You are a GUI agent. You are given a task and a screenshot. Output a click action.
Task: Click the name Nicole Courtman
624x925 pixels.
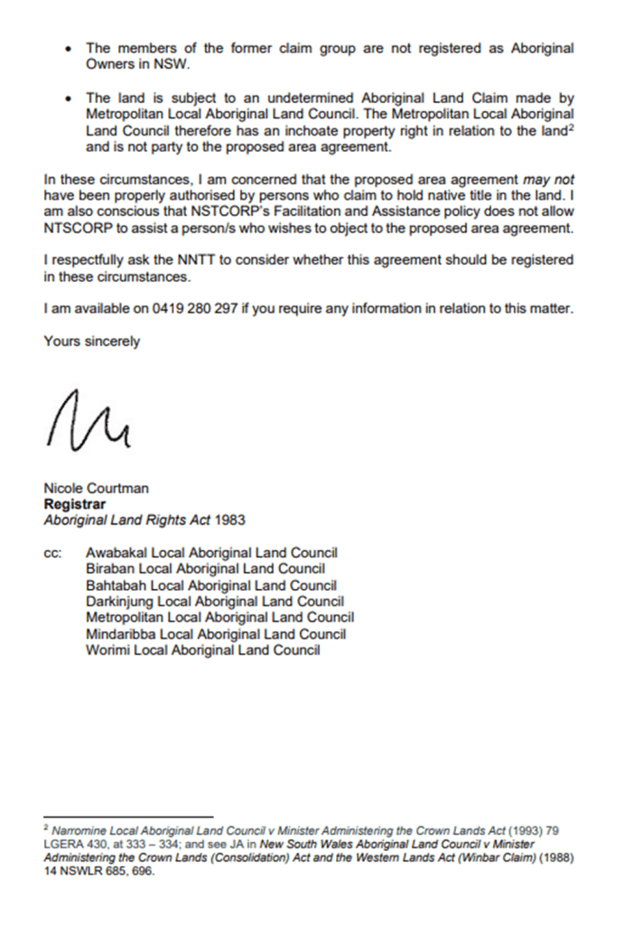[x=97, y=489]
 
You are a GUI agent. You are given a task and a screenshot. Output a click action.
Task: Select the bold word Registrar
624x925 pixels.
[x=75, y=504]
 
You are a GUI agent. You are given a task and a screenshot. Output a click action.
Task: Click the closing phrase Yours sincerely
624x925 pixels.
[x=91, y=341]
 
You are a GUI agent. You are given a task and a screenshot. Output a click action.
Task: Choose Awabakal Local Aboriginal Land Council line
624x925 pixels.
[x=211, y=553]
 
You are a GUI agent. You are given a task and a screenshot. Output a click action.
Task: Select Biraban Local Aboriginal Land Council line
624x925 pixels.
[x=205, y=569]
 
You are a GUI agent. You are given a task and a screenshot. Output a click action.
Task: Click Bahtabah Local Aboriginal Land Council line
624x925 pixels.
[x=210, y=585]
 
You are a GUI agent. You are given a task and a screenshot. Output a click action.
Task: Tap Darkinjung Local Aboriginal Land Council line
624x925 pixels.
[x=214, y=602]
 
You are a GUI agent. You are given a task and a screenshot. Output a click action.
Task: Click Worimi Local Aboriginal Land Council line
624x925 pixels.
[x=202, y=650]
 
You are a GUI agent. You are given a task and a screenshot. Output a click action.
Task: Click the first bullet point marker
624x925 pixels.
[x=69, y=49]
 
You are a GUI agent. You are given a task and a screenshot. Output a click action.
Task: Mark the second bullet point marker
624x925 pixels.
[x=69, y=98]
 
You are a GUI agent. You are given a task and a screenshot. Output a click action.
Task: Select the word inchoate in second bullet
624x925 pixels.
[x=283, y=130]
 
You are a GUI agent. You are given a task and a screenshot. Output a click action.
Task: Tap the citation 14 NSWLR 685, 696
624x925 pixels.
[x=98, y=873]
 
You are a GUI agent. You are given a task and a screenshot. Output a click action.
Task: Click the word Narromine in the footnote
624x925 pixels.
[x=78, y=829]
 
